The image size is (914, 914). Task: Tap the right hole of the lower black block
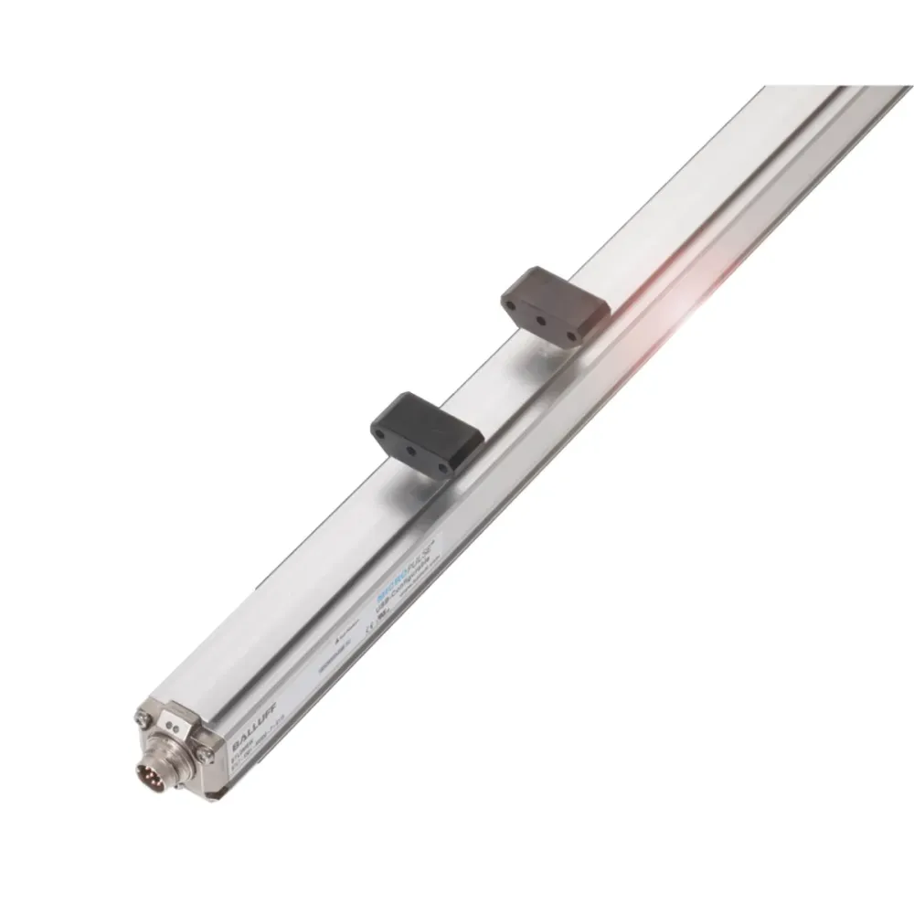click(441, 462)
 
